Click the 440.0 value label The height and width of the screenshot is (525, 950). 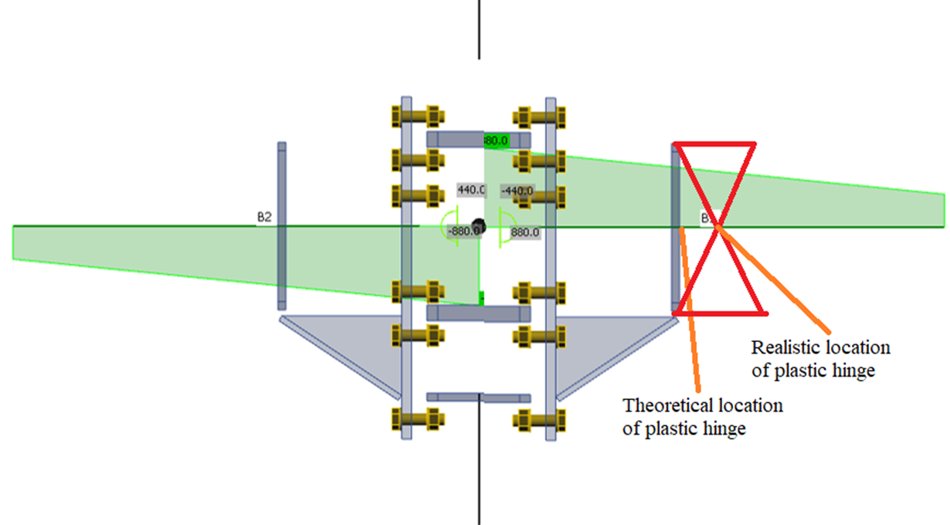pyautogui.click(x=470, y=189)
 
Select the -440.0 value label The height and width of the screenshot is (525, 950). pyautogui.click(x=516, y=191)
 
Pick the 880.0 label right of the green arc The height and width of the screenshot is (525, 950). pyautogui.click(x=524, y=232)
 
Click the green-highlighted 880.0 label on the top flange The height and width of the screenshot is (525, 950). pyautogui.click(x=496, y=141)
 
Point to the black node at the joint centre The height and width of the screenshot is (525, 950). pyautogui.click(x=478, y=226)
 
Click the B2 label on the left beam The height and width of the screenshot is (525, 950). pyautogui.click(x=264, y=218)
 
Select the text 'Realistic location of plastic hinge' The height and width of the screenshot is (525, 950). pyautogui.click(x=820, y=359)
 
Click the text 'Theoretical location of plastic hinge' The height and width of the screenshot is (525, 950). pyautogui.click(x=702, y=417)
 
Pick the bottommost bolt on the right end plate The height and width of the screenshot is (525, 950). pyautogui.click(x=541, y=421)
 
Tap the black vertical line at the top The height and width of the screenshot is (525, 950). pyautogui.click(x=479, y=29)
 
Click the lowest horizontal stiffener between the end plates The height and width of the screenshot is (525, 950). pyautogui.click(x=478, y=397)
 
